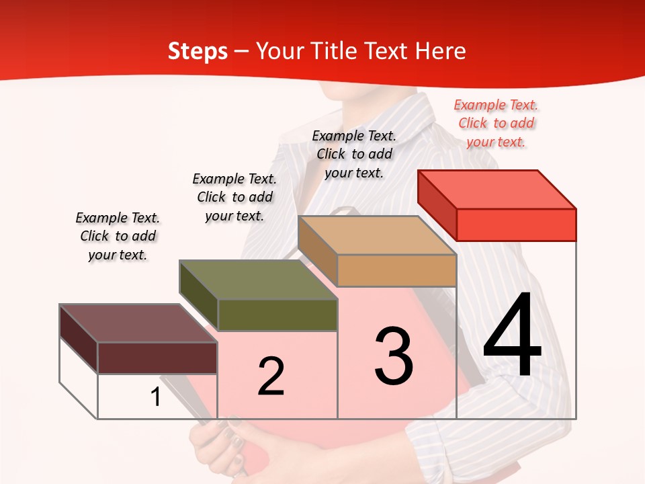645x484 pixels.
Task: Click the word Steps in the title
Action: pyautogui.click(x=198, y=51)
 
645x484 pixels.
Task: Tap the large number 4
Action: pyautogui.click(x=512, y=336)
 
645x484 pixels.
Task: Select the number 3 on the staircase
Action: pyautogui.click(x=394, y=356)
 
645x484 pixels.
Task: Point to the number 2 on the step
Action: pyautogui.click(x=271, y=376)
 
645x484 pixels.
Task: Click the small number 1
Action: pyautogui.click(x=156, y=397)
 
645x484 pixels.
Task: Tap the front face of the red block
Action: pyautogui.click(x=516, y=225)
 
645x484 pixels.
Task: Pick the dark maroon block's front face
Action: pyautogui.click(x=157, y=358)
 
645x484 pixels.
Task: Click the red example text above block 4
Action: pyautogui.click(x=496, y=123)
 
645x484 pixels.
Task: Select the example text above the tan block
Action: pyautogui.click(x=354, y=154)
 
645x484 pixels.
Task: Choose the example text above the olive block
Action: pyautogui.click(x=234, y=197)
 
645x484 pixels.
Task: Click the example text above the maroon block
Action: pyautogui.click(x=118, y=236)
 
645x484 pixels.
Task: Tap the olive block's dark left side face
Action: pyautogui.click(x=199, y=296)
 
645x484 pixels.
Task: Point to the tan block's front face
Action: pyautogui.click(x=396, y=270)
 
